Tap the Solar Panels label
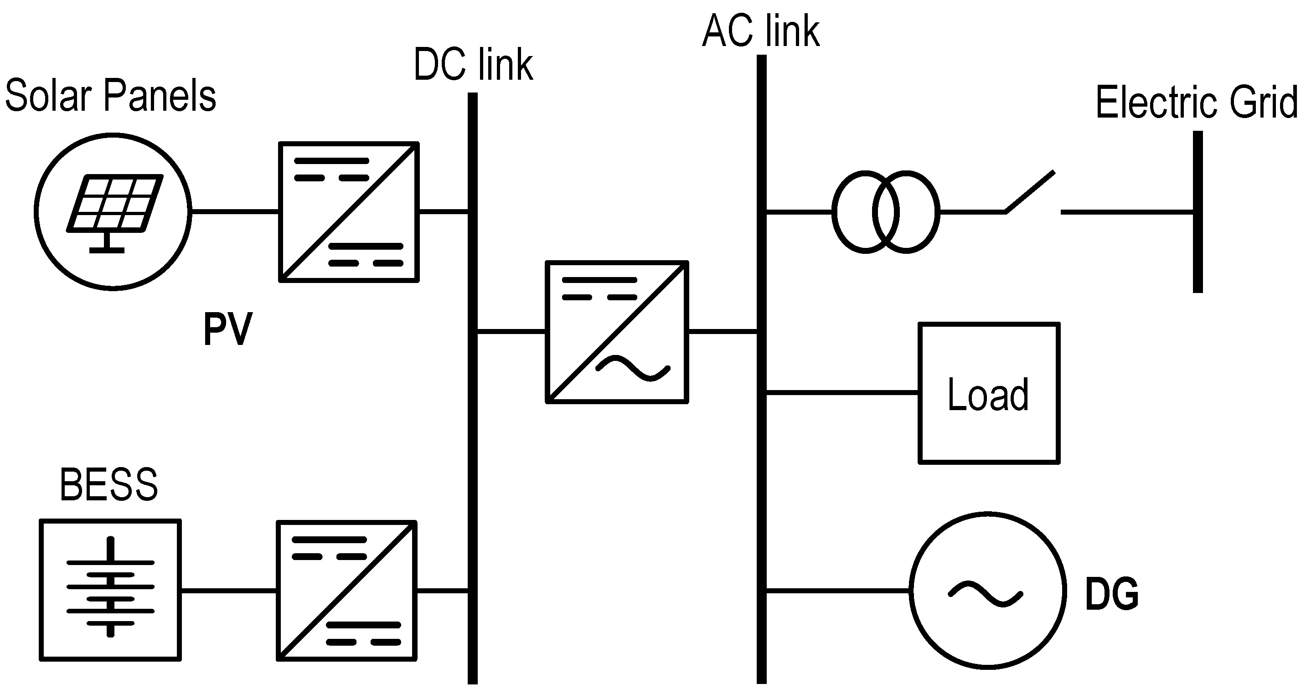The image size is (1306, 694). (x=110, y=95)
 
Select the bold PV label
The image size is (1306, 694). (x=227, y=329)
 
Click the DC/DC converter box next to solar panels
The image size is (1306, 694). (x=349, y=212)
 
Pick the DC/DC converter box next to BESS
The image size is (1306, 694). (x=347, y=591)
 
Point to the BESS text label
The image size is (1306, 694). (x=108, y=485)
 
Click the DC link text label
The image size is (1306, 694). (x=473, y=64)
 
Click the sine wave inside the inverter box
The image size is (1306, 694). (x=633, y=369)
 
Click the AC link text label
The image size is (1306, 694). (x=760, y=31)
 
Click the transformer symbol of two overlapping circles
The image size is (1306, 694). (x=885, y=212)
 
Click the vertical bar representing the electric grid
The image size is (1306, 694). (x=1198, y=212)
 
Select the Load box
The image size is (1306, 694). (x=989, y=393)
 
